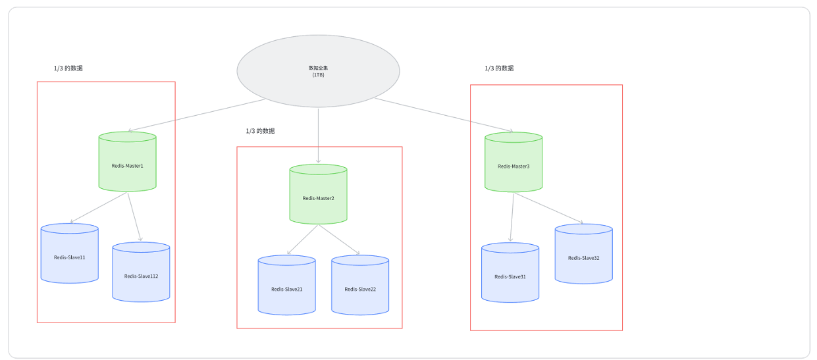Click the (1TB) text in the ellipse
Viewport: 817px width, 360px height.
[x=318, y=74]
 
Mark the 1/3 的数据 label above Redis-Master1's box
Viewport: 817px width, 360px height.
[x=68, y=68]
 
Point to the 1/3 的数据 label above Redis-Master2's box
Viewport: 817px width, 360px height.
[x=260, y=131]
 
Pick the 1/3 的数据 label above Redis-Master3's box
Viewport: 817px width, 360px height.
[x=499, y=68]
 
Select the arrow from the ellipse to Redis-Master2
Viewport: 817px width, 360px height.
[x=318, y=135]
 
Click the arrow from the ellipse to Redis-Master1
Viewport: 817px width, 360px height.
[x=198, y=116]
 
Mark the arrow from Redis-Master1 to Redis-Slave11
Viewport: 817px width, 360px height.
[x=99, y=208]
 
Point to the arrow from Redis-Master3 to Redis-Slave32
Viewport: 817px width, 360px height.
[x=548, y=208]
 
